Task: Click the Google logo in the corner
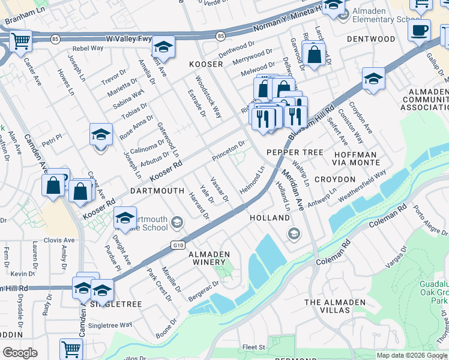[20, 353]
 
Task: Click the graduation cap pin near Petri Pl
[101, 135]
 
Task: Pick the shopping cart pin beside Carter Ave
[20, 42]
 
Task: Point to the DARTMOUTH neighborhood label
[157, 191]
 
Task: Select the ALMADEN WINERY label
[209, 254]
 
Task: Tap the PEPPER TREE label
[295, 152]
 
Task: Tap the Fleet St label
[254, 347]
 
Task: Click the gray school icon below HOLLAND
[294, 233]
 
